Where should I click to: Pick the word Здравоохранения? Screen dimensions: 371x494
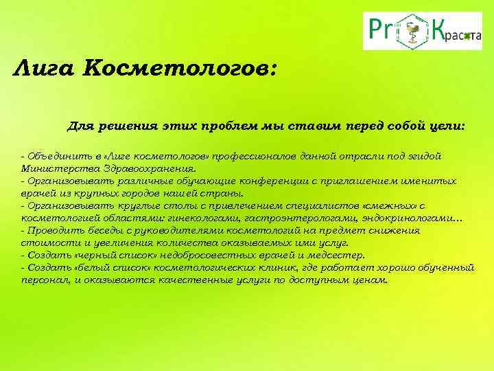(x=150, y=168)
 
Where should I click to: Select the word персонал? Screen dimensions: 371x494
(x=45, y=280)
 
